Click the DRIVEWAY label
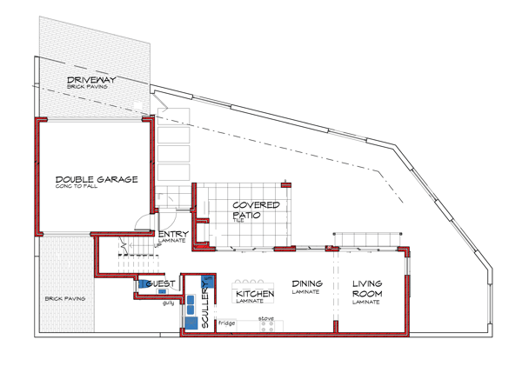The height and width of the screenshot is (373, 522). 91,81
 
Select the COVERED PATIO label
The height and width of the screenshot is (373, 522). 256,210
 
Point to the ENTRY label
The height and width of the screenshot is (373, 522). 169,234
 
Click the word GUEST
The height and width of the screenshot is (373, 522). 162,284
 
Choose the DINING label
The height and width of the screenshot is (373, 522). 307,283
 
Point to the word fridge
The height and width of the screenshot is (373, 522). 226,323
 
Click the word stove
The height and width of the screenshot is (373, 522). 267,319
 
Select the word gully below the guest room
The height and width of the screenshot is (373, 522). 168,303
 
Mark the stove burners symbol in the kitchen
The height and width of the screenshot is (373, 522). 266,328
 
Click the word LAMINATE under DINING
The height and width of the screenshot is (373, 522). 306,292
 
